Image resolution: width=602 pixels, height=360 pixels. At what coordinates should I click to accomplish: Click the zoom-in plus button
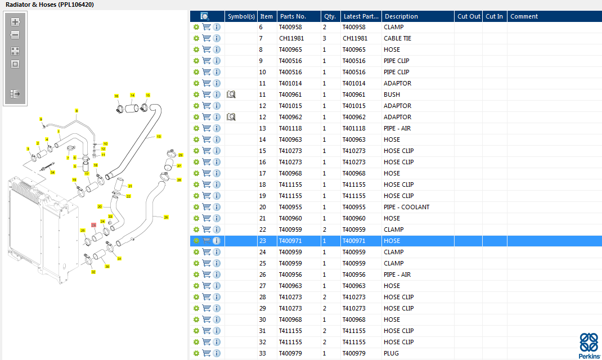tap(15, 22)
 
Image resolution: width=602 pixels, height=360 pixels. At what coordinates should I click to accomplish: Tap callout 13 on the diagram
tap(159, 137)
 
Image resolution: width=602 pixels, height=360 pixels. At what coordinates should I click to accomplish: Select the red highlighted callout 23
tap(94, 225)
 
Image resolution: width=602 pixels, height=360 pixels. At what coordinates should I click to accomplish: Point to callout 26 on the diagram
tap(166, 217)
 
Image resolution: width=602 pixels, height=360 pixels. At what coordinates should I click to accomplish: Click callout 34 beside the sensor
tap(53, 172)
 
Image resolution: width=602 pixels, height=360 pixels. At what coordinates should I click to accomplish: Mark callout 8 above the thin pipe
tap(77, 111)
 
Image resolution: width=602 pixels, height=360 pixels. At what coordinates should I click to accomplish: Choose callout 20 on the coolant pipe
tap(100, 207)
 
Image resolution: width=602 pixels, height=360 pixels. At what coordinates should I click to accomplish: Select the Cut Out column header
tap(469, 16)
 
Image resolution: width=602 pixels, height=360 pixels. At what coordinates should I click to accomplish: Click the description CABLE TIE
tap(397, 38)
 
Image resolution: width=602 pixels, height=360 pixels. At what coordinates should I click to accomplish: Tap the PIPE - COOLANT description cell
tap(406, 207)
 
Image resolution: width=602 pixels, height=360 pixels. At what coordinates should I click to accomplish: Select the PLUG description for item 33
tap(391, 353)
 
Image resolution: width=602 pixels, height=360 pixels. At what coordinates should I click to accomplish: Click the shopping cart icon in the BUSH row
tap(206, 94)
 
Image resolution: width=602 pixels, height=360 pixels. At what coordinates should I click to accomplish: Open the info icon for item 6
tap(217, 27)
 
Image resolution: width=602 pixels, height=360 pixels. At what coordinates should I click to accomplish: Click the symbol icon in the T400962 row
tap(231, 117)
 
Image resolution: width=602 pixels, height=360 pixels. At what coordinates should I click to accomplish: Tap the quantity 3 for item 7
tap(325, 38)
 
